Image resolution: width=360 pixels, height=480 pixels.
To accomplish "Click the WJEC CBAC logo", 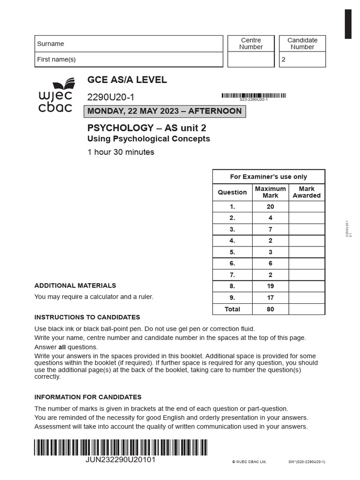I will tap(55, 96).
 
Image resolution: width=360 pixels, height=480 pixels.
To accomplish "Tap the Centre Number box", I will tap(251, 59).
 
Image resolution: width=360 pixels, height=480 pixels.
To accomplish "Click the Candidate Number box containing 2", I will tap(302, 60).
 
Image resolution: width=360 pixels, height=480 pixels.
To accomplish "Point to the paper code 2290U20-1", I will tap(111, 97).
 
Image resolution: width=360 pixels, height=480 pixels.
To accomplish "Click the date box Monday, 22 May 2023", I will tap(165, 111).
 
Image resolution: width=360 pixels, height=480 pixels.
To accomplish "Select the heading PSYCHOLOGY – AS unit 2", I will tap(147, 128).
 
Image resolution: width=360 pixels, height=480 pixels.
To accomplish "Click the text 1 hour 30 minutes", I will tap(121, 152).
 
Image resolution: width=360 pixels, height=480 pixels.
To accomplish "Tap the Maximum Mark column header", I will tap(270, 192).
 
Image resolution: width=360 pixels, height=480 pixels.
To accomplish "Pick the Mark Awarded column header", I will tap(307, 192).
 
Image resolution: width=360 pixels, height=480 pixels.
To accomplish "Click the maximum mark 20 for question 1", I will tap(270, 207).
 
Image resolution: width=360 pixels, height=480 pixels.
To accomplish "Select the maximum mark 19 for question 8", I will tap(270, 286).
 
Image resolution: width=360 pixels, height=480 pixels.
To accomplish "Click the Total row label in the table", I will tap(232, 309).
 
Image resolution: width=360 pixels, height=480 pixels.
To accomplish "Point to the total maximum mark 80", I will tap(270, 309).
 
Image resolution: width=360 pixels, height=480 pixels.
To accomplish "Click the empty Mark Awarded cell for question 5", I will tap(307, 252).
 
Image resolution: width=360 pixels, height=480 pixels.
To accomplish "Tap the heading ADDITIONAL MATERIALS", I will tap(75, 285).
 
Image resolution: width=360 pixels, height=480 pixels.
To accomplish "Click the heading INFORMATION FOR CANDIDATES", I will tap(88, 397).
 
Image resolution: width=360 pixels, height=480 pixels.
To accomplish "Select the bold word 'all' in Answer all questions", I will tap(62, 347).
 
